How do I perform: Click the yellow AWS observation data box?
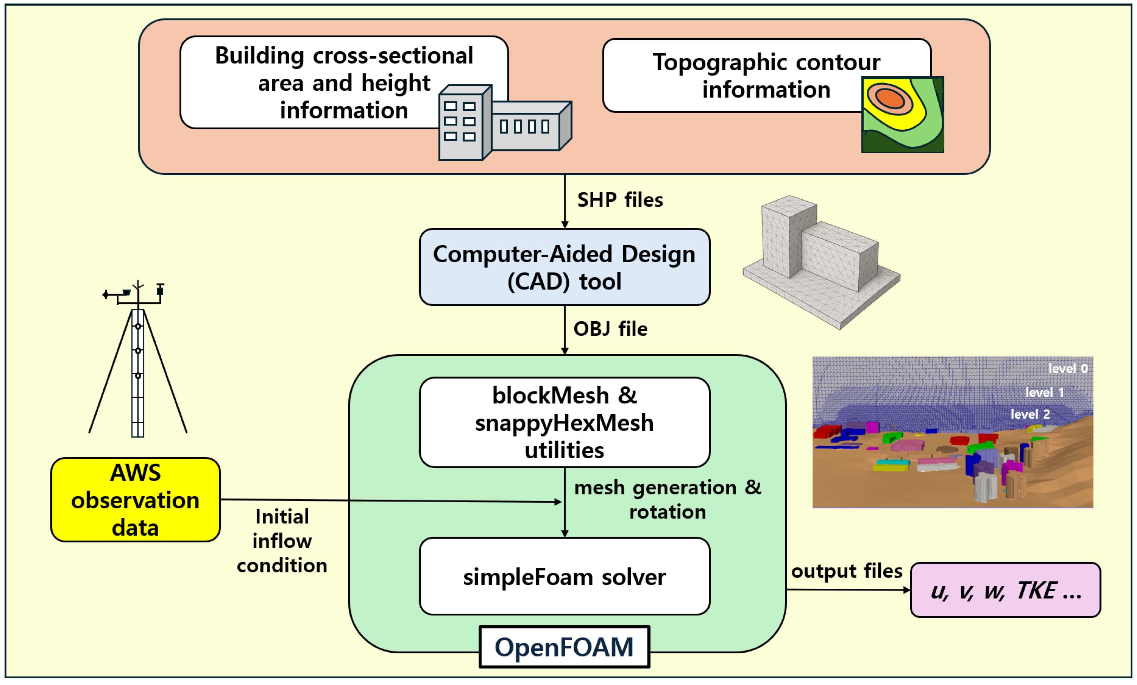click(135, 500)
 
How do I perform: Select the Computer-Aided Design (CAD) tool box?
click(564, 267)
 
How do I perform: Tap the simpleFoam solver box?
click(564, 576)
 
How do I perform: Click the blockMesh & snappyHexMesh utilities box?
click(564, 422)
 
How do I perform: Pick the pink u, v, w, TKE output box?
click(1006, 590)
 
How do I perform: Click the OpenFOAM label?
click(564, 647)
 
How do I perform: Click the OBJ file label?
click(610, 329)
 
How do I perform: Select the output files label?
click(846, 571)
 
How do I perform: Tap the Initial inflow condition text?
click(282, 541)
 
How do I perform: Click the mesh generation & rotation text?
click(667, 500)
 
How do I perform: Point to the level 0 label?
click(1068, 368)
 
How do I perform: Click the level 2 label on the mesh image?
click(1030, 414)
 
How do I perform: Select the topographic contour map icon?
click(903, 115)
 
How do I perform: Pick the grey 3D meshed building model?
click(821, 262)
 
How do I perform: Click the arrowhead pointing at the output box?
click(907, 590)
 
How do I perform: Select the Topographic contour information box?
click(767, 75)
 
